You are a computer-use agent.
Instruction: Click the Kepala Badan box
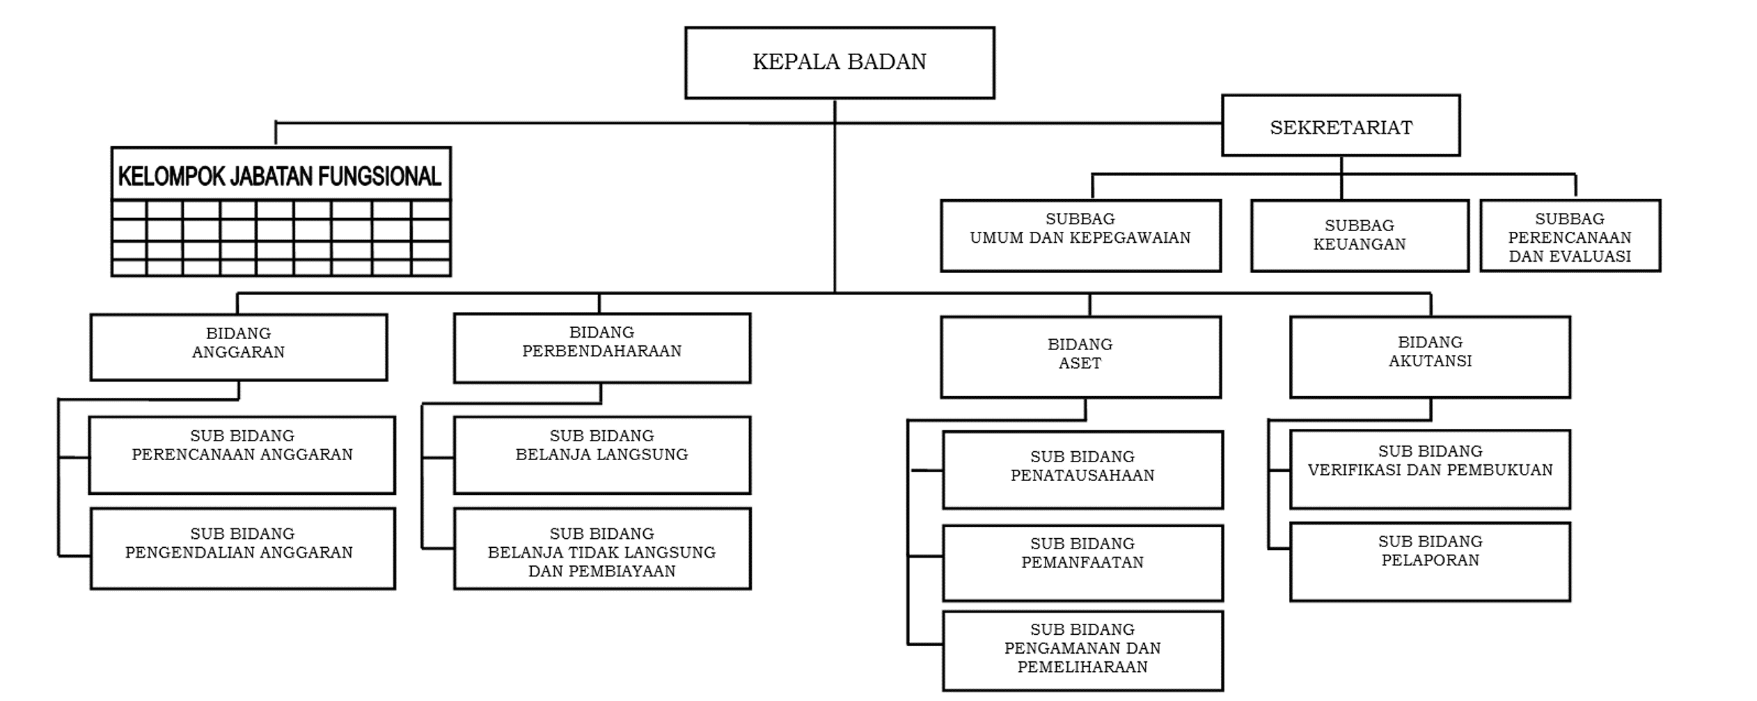pos(839,63)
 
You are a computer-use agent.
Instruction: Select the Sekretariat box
pos(1340,126)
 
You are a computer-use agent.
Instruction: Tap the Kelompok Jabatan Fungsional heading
pos(280,176)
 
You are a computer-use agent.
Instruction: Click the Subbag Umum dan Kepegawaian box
pos(1080,235)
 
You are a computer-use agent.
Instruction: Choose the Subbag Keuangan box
pos(1359,235)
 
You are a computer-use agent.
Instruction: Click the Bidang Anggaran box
pos(238,347)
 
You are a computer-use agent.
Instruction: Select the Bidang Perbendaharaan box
pos(601,347)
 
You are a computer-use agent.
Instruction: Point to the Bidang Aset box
pos(1080,356)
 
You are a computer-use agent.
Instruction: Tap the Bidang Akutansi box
pos(1429,356)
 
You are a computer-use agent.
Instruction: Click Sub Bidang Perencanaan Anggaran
pos(242,455)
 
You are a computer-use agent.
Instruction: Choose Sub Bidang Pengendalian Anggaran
pos(242,548)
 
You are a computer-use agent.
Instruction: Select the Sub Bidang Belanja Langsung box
pos(601,455)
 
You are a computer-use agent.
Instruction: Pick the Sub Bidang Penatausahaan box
pos(1082,469)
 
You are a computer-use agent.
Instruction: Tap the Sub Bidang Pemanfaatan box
pos(1082,562)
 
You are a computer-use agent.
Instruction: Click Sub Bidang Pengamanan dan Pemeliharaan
pos(1082,650)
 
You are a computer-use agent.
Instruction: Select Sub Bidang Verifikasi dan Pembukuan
pos(1429,468)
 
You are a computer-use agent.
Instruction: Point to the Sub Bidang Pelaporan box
pos(1429,561)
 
